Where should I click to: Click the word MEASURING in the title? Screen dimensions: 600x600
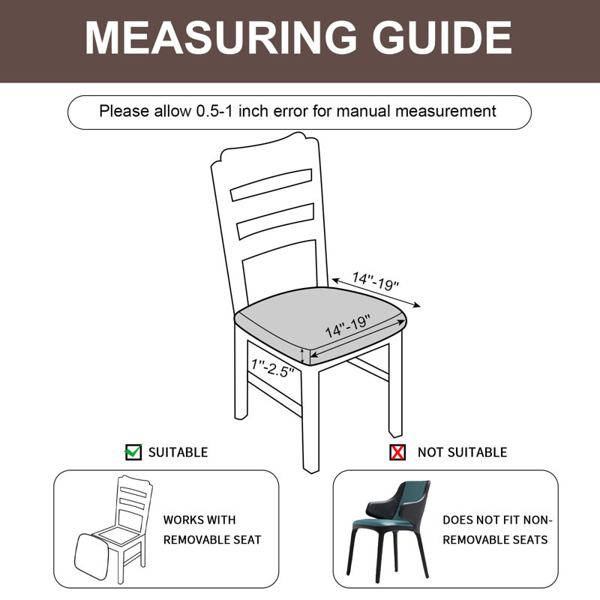pyautogui.click(x=220, y=37)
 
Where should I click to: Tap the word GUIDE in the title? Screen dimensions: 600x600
pyautogui.click(x=442, y=37)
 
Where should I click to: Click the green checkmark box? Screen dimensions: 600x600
pyautogui.click(x=133, y=452)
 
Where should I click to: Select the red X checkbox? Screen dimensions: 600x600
pyautogui.click(x=397, y=452)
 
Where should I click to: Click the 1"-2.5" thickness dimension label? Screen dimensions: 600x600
pyautogui.click(x=272, y=367)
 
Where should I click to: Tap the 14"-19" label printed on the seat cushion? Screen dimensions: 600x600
pyautogui.click(x=348, y=326)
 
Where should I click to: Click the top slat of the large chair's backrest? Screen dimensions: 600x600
pyautogui.click(x=271, y=184)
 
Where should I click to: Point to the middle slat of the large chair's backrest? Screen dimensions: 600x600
pyautogui.click(x=275, y=221)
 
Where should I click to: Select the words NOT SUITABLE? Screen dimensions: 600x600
pyautogui.click(x=462, y=452)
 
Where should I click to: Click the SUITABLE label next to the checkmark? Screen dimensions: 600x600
pyautogui.click(x=178, y=452)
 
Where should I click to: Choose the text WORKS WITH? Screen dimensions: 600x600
pyautogui.click(x=199, y=520)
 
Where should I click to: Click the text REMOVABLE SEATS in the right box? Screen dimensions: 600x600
pyautogui.click(x=495, y=539)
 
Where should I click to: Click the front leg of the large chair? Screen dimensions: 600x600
pyautogui.click(x=310, y=419)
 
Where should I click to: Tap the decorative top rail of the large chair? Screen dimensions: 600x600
pyautogui.click(x=264, y=151)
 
